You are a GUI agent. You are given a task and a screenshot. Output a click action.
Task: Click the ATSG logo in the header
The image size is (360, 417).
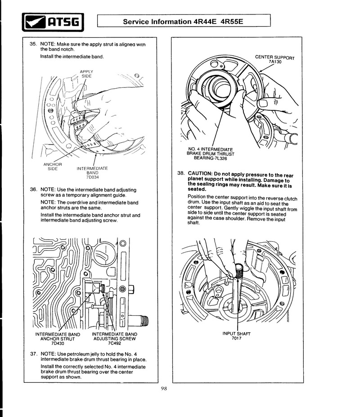pyautogui.click(x=53, y=22)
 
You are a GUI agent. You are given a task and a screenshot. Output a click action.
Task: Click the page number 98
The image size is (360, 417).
pyautogui.click(x=164, y=390)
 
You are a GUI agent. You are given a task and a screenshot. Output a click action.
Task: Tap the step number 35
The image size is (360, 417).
pyautogui.click(x=33, y=45)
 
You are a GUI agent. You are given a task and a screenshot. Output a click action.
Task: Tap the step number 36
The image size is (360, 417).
pyautogui.click(x=33, y=190)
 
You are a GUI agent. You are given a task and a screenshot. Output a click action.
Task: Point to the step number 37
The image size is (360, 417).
pyautogui.click(x=33, y=354)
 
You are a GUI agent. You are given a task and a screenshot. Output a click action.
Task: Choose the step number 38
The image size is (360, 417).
pyautogui.click(x=180, y=174)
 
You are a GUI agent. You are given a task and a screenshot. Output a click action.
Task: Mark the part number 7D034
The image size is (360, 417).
pyautogui.click(x=92, y=177)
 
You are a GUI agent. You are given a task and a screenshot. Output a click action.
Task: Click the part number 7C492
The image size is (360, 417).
pyautogui.click(x=114, y=343)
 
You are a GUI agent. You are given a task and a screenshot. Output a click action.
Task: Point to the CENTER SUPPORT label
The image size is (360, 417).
pyautogui.click(x=274, y=57)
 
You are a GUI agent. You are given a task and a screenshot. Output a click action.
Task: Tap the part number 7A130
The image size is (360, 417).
pyautogui.click(x=275, y=62)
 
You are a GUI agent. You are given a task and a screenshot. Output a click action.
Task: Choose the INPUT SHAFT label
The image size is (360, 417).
pyautogui.click(x=236, y=334)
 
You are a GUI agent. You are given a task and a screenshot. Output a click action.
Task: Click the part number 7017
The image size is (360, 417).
pyautogui.click(x=236, y=338)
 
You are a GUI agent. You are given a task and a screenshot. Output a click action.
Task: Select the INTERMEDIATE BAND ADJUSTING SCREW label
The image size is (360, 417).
pyautogui.click(x=114, y=336)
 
